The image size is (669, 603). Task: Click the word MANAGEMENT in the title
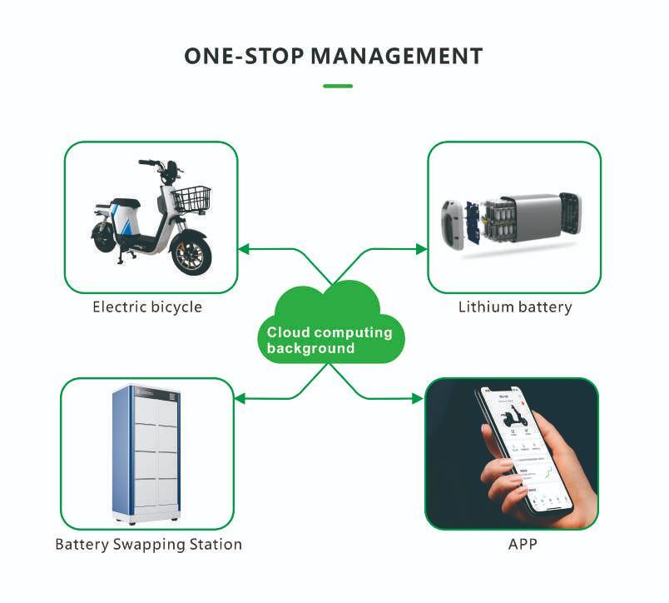point(396,56)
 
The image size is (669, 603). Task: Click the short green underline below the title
point(338,85)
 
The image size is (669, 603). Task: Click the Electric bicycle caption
point(147,307)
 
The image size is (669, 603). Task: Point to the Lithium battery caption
point(515,307)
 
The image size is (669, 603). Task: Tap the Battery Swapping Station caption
point(148,545)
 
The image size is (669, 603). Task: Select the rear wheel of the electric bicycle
point(104,237)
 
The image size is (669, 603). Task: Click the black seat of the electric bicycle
point(126,203)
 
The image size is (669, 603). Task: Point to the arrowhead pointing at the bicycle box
point(243,248)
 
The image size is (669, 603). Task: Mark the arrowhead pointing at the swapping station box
point(240,399)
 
